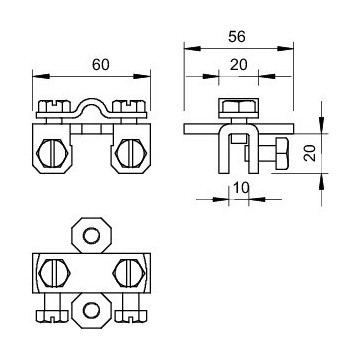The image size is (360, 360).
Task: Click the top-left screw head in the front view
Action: pos(52,103)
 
